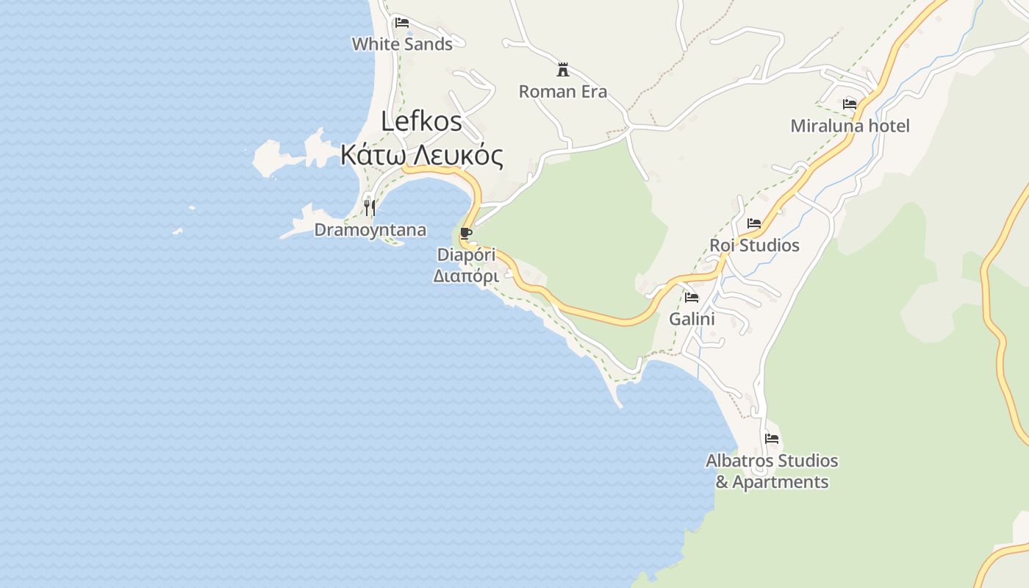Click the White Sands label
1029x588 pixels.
(x=402, y=44)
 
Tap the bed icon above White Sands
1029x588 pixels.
(x=402, y=23)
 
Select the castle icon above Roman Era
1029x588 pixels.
(x=563, y=70)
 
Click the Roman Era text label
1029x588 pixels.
(x=563, y=92)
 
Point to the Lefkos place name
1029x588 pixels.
(x=421, y=121)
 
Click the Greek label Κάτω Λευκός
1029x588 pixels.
(x=421, y=156)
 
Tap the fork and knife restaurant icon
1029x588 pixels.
(x=370, y=208)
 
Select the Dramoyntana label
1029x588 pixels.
(x=370, y=230)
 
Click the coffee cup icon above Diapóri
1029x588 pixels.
(x=465, y=234)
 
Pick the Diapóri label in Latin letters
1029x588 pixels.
(x=466, y=255)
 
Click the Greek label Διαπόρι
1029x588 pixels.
(x=466, y=276)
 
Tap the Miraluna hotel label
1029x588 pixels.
(x=850, y=126)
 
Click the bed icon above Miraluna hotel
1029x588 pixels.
(x=850, y=104)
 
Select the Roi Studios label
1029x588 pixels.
(x=754, y=245)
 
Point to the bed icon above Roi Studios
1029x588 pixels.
(x=754, y=223)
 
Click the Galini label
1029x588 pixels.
(x=692, y=320)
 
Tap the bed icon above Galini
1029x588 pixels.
(x=692, y=298)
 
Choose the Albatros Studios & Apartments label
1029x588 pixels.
(x=772, y=471)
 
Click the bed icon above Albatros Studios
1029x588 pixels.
(x=772, y=439)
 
